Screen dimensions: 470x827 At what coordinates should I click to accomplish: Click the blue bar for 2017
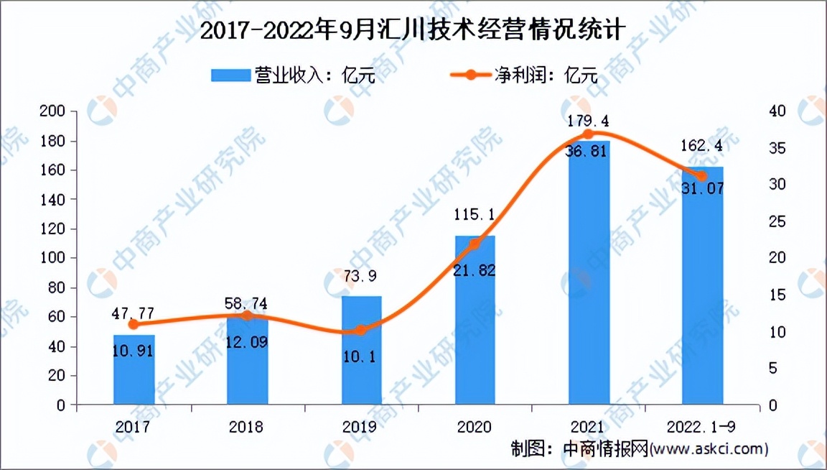coord(134,370)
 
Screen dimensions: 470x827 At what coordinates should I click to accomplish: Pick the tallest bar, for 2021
coord(589,273)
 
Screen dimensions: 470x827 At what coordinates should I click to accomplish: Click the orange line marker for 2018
coord(247,315)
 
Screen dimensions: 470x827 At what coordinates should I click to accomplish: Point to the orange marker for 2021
coord(589,134)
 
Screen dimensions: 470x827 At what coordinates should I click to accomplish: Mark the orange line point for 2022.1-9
coord(702,176)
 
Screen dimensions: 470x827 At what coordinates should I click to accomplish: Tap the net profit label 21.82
coord(475,270)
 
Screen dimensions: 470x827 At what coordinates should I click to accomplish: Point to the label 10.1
coord(361,356)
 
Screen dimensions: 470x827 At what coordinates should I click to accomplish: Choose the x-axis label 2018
coord(247,427)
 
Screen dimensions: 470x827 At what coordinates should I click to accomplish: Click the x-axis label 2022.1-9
coord(702,427)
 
